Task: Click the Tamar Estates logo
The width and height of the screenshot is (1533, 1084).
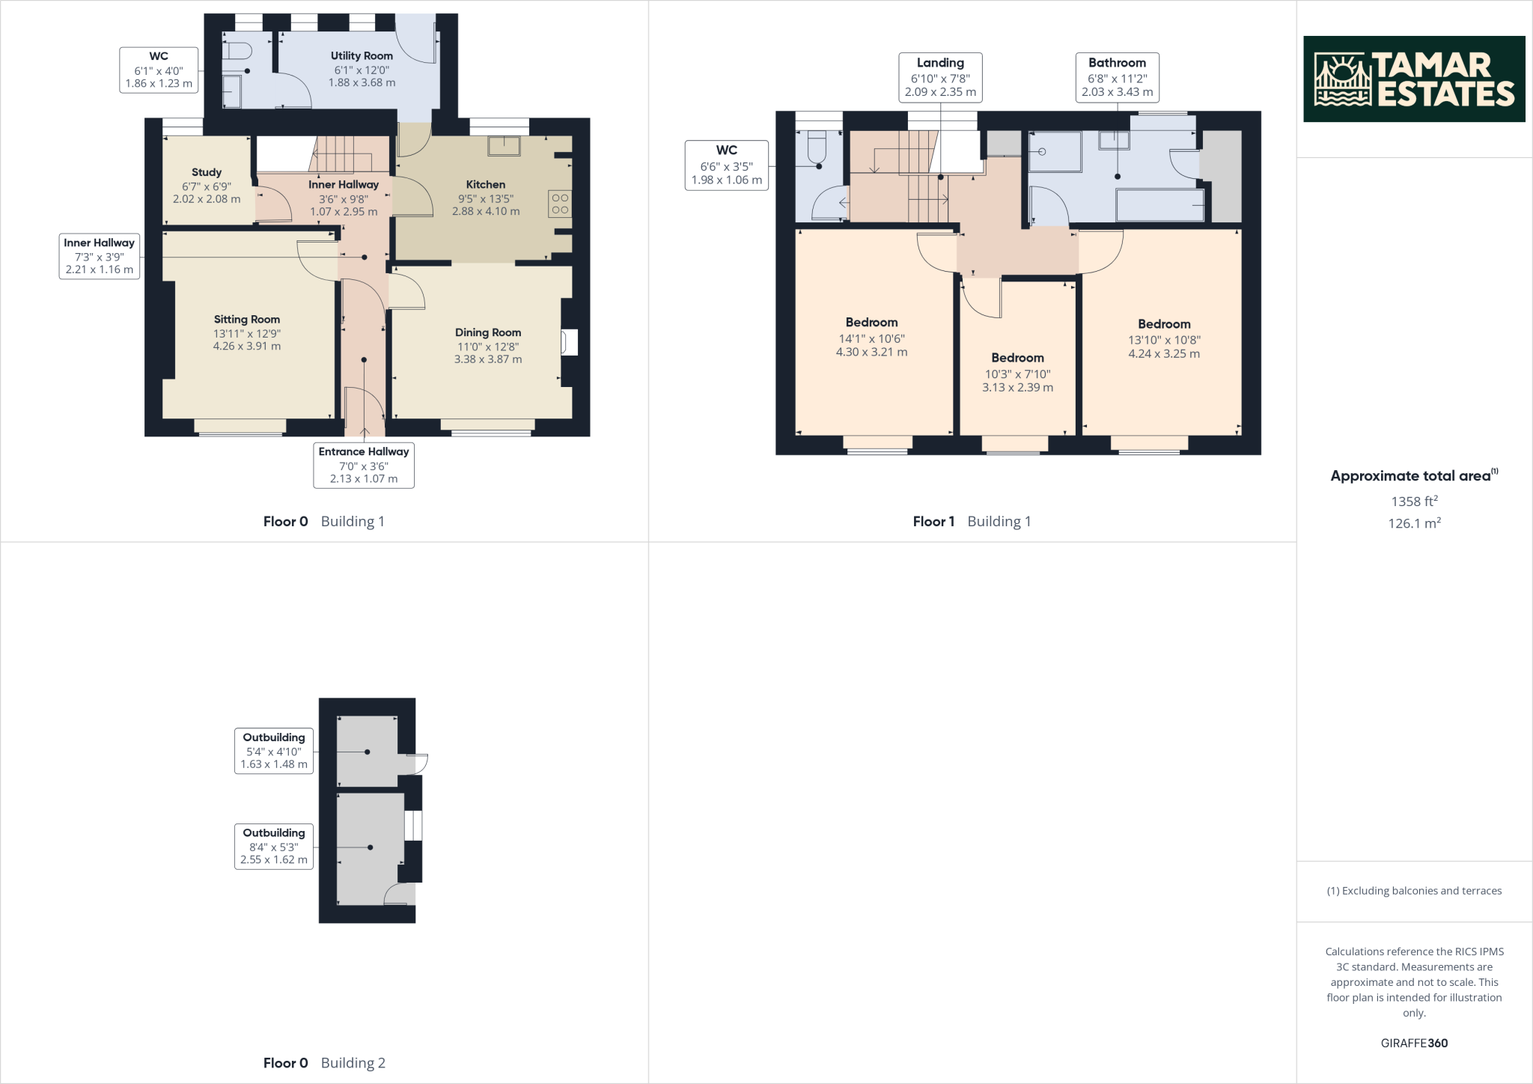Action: pyautogui.click(x=1414, y=79)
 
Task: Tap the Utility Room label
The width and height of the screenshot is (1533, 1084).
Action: pyautogui.click(x=362, y=55)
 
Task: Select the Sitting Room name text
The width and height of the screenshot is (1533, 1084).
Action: pyautogui.click(x=247, y=319)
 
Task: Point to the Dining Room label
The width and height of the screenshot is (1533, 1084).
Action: pyautogui.click(x=488, y=332)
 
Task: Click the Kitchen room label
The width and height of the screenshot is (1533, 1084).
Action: pyautogui.click(x=486, y=184)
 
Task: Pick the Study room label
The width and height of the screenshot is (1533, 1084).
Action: pyautogui.click(x=207, y=172)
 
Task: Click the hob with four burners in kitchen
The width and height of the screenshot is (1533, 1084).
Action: pyautogui.click(x=560, y=204)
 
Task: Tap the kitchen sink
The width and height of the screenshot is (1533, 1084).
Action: pyautogui.click(x=504, y=145)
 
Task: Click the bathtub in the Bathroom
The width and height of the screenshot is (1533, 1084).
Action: pyautogui.click(x=1160, y=205)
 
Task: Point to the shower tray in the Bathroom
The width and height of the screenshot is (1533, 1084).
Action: pyautogui.click(x=1055, y=153)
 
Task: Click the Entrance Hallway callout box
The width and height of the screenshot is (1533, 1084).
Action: pyautogui.click(x=364, y=465)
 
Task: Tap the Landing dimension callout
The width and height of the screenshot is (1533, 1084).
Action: pyautogui.click(x=940, y=77)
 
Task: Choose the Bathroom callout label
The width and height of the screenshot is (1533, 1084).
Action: pyautogui.click(x=1118, y=77)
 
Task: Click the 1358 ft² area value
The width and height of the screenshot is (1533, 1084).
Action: pyautogui.click(x=1415, y=501)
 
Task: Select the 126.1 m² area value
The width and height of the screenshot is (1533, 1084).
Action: pyautogui.click(x=1415, y=523)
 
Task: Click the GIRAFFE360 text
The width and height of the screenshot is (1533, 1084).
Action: pyautogui.click(x=1415, y=1043)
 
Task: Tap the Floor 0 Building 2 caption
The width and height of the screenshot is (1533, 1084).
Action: pyautogui.click(x=324, y=1062)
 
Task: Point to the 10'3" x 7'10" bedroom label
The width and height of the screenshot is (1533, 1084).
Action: pyautogui.click(x=1018, y=374)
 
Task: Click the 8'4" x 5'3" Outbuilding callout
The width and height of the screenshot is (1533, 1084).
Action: pyautogui.click(x=274, y=846)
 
